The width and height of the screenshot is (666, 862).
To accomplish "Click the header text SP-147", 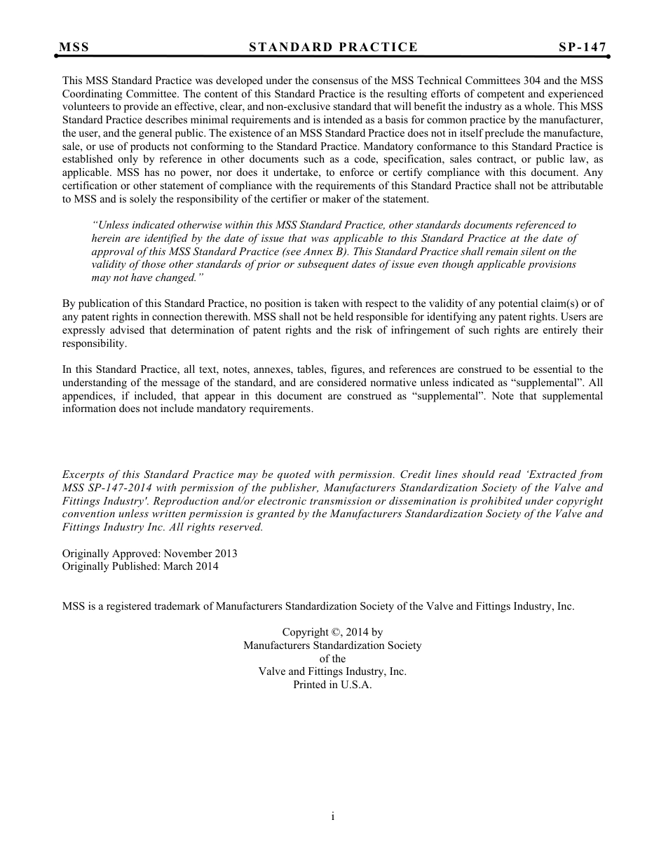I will pyautogui.click(x=582, y=47).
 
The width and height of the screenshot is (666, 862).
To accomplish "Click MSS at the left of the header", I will pyautogui.click(x=74, y=47).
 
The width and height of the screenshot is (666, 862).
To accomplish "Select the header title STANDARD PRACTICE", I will pyautogui.click(x=333, y=47).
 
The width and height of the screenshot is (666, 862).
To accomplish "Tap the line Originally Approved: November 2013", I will pyautogui.click(x=149, y=553).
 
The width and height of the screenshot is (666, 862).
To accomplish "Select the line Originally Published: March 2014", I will pyautogui.click(x=140, y=566).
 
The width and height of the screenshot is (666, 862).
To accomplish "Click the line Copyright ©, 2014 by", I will pyautogui.click(x=332, y=632).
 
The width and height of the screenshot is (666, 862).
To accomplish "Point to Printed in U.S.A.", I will pyautogui.click(x=332, y=685).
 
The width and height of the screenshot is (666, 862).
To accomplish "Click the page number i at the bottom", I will pyautogui.click(x=333, y=816).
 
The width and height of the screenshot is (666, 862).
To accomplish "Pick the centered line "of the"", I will pyautogui.click(x=332, y=659).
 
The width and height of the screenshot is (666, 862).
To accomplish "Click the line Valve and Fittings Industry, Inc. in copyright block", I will pyautogui.click(x=332, y=671).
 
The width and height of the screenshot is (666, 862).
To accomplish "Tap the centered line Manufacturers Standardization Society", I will pyautogui.click(x=332, y=645).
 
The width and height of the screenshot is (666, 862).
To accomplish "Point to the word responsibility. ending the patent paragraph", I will pyautogui.click(x=95, y=343).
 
